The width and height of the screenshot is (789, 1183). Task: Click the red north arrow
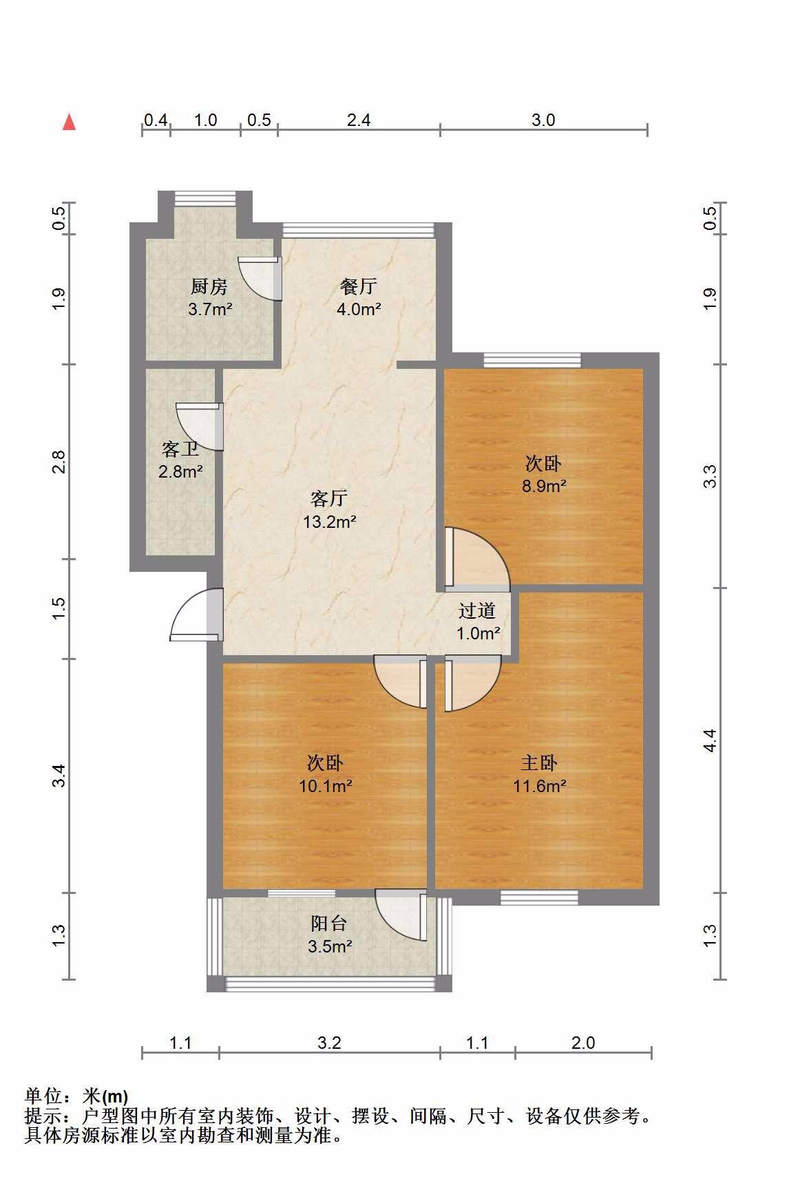69,122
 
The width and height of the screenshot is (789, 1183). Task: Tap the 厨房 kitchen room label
209,286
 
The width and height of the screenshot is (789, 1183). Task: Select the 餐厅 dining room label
359,286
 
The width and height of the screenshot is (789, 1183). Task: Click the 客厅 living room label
329,498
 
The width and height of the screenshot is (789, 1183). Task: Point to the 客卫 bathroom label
180,449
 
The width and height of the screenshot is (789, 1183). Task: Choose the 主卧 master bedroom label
539,763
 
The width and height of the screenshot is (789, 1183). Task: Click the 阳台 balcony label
329,924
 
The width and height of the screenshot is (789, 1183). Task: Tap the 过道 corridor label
477,610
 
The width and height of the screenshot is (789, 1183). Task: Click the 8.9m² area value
544,486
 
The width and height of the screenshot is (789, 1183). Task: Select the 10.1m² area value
326,785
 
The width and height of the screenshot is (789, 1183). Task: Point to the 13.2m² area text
330,522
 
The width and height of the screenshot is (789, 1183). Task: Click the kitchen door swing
261,279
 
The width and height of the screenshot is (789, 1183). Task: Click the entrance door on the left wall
196,615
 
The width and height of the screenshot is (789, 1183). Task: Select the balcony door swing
401,915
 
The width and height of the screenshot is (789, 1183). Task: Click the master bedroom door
474,683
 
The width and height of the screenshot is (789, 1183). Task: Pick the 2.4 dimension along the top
359,120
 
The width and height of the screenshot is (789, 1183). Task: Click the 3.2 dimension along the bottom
330,1043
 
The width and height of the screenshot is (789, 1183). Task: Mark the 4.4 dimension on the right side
711,740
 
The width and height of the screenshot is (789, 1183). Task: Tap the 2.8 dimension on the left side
60,462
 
